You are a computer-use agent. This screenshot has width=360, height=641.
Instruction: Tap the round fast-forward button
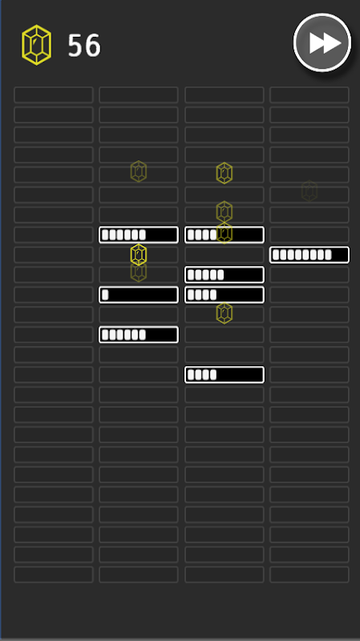(322, 42)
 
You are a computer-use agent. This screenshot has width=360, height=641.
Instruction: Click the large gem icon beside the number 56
(36, 45)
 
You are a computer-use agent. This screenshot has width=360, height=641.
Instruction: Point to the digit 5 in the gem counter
(75, 46)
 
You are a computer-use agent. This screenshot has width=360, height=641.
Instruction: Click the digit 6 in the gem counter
(93, 46)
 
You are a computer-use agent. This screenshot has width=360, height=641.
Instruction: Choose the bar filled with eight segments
(309, 255)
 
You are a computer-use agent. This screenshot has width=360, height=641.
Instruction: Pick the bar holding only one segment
(139, 295)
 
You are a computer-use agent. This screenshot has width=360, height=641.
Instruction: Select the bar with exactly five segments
(224, 275)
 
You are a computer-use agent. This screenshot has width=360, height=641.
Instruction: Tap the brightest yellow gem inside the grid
(139, 255)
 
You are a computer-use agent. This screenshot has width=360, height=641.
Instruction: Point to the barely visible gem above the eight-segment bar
(309, 191)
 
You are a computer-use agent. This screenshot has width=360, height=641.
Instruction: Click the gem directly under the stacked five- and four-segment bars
(224, 313)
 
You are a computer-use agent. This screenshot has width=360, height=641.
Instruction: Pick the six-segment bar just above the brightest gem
(139, 235)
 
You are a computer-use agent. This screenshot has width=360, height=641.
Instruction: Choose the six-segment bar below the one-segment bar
(139, 335)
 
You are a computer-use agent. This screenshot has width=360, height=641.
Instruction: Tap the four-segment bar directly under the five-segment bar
(224, 295)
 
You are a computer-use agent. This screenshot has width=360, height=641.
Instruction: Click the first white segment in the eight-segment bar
(276, 255)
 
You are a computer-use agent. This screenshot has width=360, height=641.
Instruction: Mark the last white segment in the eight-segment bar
(328, 255)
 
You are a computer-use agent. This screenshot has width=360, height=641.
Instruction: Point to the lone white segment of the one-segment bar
(105, 295)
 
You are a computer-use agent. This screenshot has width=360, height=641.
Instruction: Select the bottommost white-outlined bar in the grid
(224, 375)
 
